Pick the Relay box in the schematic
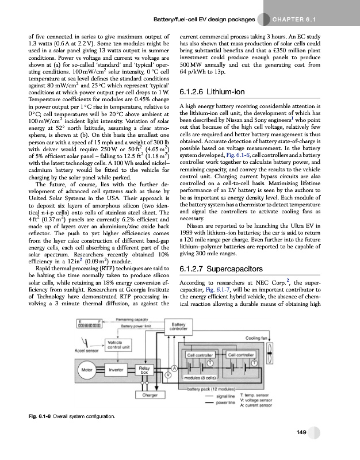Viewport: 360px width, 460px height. click(144, 370)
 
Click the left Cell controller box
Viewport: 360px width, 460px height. click(201, 355)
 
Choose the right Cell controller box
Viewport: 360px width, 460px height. click(242, 355)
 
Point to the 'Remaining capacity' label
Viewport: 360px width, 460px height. click(133, 318)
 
